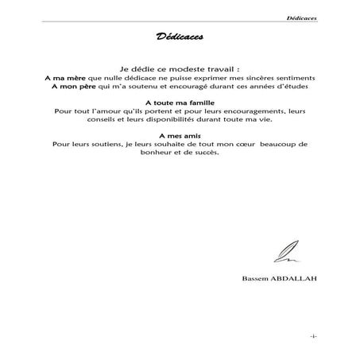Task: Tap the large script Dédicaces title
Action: (x=180, y=37)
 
